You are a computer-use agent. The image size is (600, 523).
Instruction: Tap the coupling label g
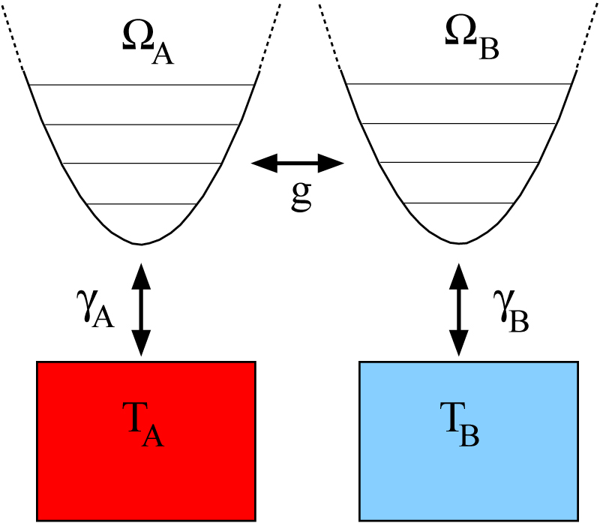click(x=300, y=197)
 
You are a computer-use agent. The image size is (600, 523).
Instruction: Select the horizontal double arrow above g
click(x=297, y=161)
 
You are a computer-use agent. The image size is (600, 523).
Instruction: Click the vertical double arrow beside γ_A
click(x=141, y=309)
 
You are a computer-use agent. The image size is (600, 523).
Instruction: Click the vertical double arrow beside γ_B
click(x=460, y=309)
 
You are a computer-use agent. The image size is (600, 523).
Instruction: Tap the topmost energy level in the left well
click(x=142, y=85)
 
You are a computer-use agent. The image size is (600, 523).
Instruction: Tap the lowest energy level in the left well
click(x=142, y=204)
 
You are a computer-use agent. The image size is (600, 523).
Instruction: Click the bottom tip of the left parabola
click(x=142, y=244)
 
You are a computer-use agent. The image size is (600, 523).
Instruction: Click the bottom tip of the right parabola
click(x=460, y=243)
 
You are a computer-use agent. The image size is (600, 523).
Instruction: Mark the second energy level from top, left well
click(x=142, y=125)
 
